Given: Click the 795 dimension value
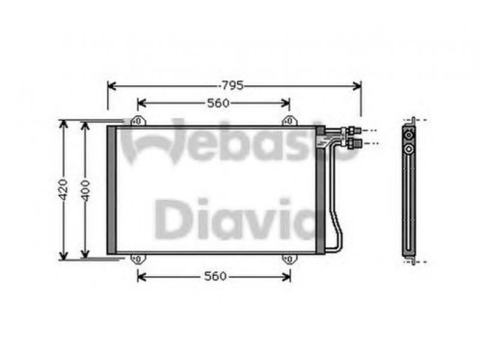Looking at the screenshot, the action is [x=232, y=86].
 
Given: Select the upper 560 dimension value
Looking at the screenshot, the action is [x=218, y=103].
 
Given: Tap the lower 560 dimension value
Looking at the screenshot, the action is [x=215, y=277].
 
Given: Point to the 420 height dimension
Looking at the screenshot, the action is [x=63, y=190].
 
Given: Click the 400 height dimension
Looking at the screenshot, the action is [x=85, y=191].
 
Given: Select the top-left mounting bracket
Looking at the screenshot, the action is [x=138, y=121].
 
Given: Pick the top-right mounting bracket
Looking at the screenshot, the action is [x=289, y=121].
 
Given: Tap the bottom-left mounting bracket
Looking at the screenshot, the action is [x=138, y=259].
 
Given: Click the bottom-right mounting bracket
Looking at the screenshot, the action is [x=289, y=259].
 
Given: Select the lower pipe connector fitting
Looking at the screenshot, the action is [x=354, y=143].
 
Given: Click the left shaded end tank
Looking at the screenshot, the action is [x=112, y=190].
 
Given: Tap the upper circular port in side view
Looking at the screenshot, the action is [x=409, y=135].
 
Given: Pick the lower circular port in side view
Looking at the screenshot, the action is [x=409, y=149].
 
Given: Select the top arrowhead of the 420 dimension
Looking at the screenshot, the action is [x=64, y=124].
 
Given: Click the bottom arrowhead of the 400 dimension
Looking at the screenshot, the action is [x=85, y=254].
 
